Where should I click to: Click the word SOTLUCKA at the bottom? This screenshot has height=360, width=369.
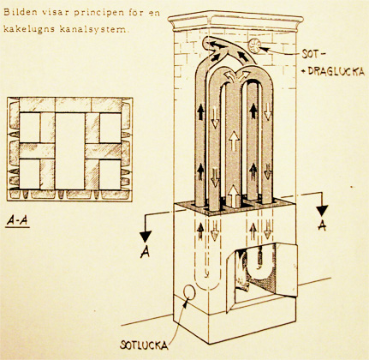click(144, 345)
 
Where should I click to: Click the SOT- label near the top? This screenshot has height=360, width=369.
click(312, 54)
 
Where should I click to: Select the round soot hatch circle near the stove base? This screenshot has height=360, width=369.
click(188, 292)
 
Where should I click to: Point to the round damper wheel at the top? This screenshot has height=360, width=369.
click(254, 45)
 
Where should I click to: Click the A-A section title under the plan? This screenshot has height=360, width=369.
click(18, 221)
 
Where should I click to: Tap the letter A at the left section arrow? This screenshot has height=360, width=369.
click(146, 252)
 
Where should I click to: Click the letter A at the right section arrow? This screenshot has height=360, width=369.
click(322, 225)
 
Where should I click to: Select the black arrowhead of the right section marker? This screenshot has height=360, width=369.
click(322, 211)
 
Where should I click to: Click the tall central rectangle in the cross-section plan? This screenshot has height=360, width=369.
click(70, 151)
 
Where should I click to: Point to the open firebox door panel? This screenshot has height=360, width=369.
click(286, 270)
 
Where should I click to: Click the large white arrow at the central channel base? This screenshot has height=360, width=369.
click(234, 196)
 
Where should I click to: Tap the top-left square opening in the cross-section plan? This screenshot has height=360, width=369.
click(29, 128)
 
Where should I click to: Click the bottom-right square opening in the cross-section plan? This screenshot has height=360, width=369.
click(110, 174)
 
